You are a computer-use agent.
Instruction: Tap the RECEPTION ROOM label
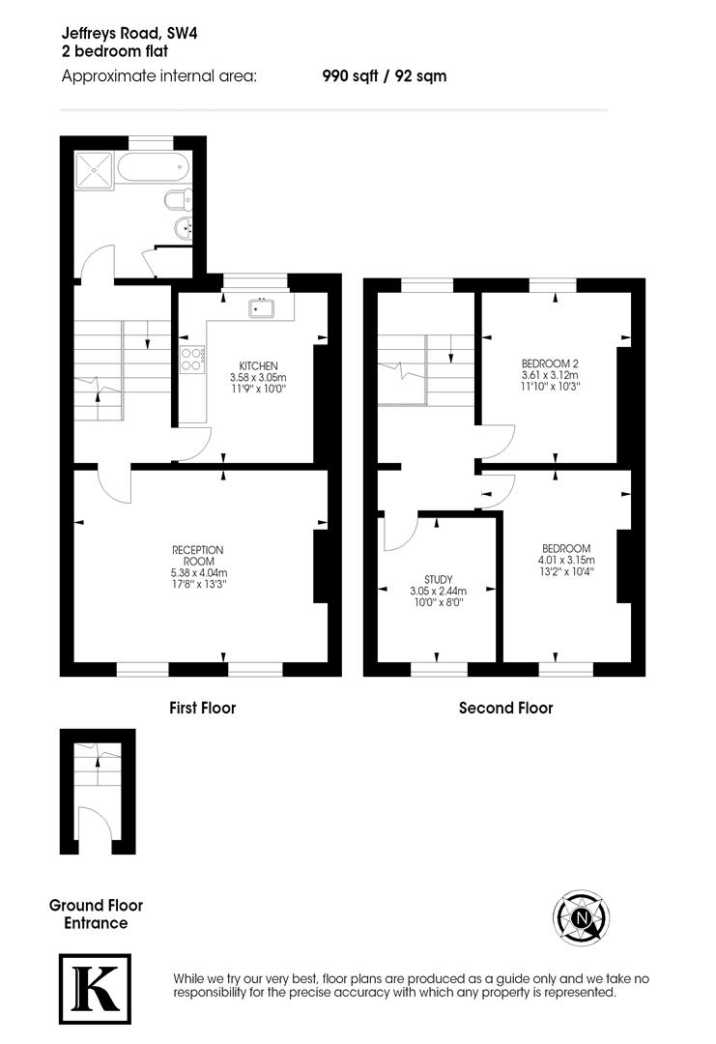pyautogui.click(x=197, y=555)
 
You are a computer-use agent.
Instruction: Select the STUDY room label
pyautogui.click(x=438, y=579)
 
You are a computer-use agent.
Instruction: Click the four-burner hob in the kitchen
pyautogui.click(x=191, y=359)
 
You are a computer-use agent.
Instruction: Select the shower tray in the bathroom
pyautogui.click(x=94, y=171)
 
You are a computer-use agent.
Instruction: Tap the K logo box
pyautogui.click(x=95, y=988)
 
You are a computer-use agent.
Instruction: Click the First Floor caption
pyautogui.click(x=202, y=708)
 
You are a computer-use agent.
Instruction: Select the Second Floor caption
pyautogui.click(x=505, y=708)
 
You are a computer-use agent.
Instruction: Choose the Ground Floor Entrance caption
pyautogui.click(x=96, y=914)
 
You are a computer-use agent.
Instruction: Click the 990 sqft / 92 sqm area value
pyautogui.click(x=384, y=75)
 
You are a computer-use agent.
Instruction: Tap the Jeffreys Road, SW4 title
pyautogui.click(x=134, y=34)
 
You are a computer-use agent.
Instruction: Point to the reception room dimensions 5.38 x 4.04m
pyautogui.click(x=197, y=572)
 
